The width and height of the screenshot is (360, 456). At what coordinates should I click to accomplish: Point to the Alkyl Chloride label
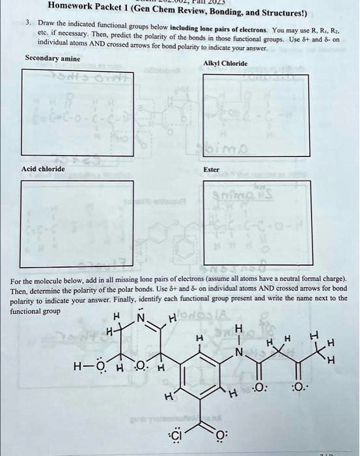click(225, 63)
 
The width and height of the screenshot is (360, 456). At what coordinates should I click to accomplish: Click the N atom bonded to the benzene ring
click(240, 352)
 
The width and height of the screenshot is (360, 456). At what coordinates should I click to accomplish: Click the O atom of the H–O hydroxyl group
click(101, 365)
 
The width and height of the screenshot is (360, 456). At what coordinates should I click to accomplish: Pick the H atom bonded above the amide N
click(240, 328)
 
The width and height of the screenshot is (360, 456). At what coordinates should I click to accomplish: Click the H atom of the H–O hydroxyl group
click(77, 365)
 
